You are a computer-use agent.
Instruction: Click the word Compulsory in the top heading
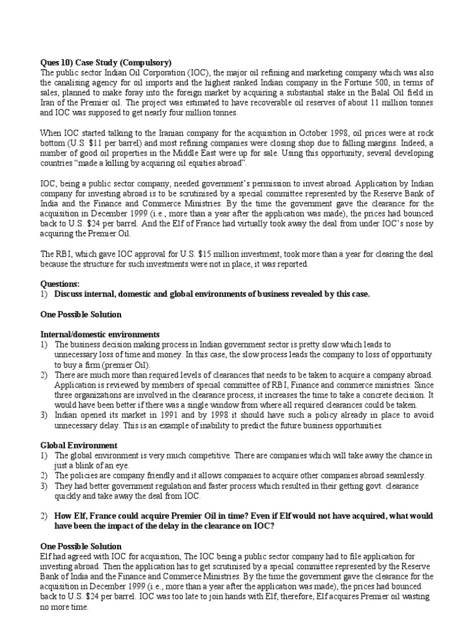point(144,62)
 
